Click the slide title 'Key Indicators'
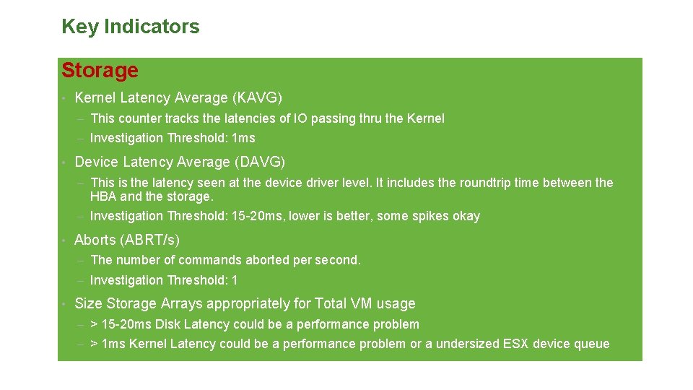(x=130, y=27)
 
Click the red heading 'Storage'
(x=100, y=71)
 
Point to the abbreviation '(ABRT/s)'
(x=151, y=240)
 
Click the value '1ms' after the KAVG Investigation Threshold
(x=243, y=138)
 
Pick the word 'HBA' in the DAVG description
(x=103, y=196)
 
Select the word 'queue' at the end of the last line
(x=591, y=344)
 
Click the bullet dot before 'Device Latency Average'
(x=64, y=162)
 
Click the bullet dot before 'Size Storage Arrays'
(x=64, y=304)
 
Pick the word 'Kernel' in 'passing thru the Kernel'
(x=425, y=118)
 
